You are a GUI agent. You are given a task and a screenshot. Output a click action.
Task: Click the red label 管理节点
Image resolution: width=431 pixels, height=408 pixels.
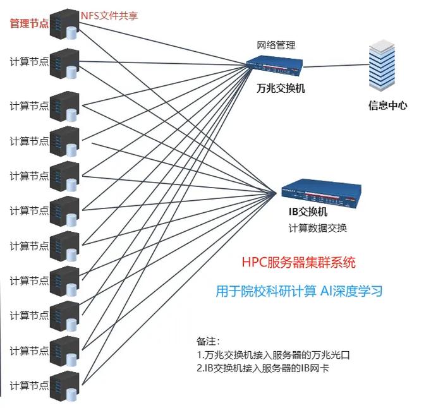coord(28,23)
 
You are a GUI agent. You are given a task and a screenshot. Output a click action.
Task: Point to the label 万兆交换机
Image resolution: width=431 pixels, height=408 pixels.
coord(281,88)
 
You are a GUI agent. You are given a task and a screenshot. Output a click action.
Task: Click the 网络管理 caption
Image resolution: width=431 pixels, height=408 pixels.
coord(276,45)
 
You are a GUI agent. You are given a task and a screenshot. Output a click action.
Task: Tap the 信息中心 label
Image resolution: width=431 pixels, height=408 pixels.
coord(387,105)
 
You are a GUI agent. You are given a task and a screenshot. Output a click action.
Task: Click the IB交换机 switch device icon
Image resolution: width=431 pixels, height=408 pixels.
coord(320,191)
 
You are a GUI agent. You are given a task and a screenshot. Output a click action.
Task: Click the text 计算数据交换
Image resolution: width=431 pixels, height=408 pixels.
coord(317,228)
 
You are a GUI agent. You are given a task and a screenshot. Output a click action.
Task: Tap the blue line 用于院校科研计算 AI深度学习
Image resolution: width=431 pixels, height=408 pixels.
coord(299,292)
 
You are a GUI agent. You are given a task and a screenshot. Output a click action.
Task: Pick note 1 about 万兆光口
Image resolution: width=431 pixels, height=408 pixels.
coord(273,355)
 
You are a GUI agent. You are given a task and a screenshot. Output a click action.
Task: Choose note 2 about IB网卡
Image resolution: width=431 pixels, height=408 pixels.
coord(263,368)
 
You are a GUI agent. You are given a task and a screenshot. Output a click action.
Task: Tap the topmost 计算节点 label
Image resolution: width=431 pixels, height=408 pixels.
coord(28,61)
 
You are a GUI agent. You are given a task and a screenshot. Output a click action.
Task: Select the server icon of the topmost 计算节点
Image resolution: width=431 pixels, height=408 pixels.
coord(64,62)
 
